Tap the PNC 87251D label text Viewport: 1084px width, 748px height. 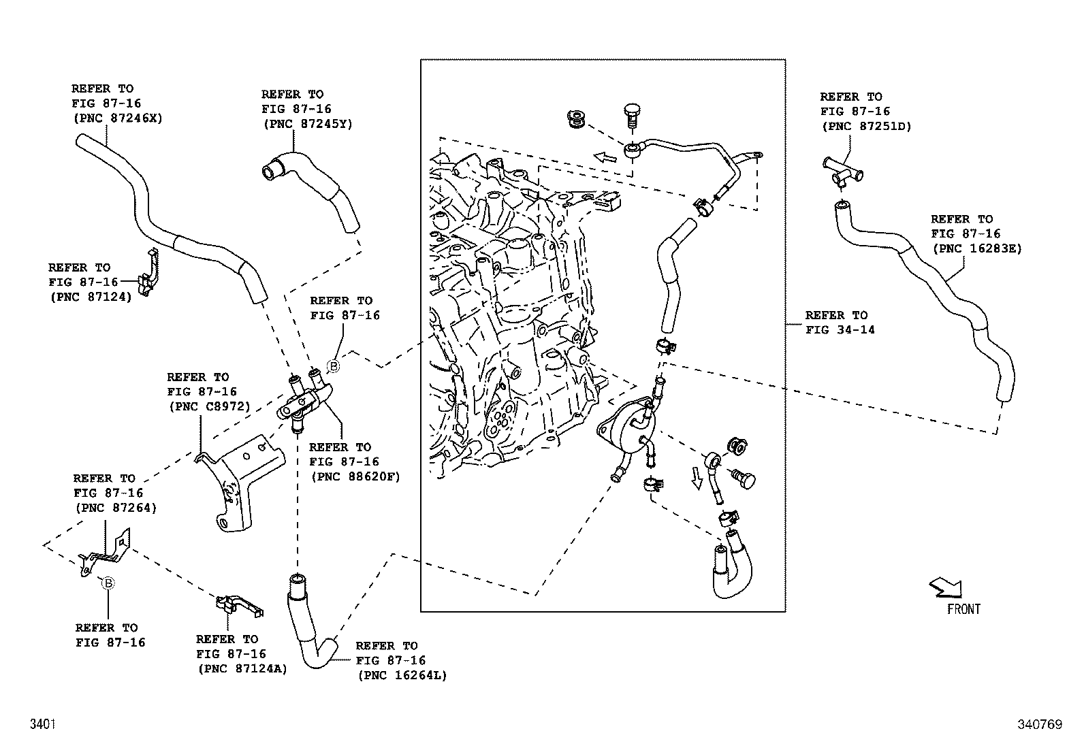(x=866, y=126)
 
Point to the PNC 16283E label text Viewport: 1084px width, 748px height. (x=976, y=248)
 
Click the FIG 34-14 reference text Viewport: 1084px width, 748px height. (x=840, y=330)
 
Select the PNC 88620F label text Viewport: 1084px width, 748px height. (x=354, y=476)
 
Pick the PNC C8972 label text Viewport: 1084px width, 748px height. (x=209, y=406)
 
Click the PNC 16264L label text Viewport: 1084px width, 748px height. (x=401, y=675)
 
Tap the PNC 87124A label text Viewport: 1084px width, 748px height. (x=242, y=668)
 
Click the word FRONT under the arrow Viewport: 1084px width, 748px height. (x=963, y=609)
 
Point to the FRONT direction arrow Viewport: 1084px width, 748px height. (x=946, y=587)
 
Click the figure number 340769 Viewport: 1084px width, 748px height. (x=1039, y=725)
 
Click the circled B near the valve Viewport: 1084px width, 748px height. (x=334, y=366)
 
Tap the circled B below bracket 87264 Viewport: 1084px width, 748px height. (x=108, y=583)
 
